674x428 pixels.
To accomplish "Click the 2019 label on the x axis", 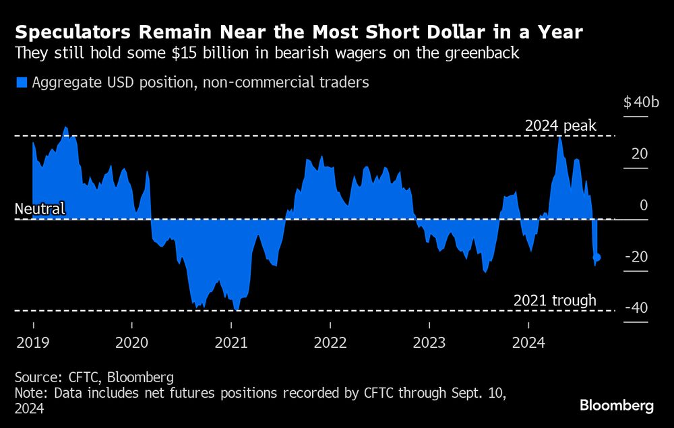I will (32, 342).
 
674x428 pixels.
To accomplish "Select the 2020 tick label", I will (131, 342).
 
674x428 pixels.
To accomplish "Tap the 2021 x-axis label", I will (231, 342).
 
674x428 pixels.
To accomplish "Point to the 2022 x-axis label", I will (330, 342).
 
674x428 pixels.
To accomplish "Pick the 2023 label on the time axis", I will (429, 342).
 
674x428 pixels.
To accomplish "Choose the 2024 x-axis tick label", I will (528, 342).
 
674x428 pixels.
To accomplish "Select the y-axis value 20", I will (640, 154).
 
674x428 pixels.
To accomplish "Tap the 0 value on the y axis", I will (644, 205).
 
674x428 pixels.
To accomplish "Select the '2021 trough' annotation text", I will (555, 301).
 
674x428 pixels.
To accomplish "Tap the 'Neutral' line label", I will (40, 208).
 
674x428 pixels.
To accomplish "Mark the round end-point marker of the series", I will (597, 257).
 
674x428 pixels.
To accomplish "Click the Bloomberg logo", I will (617, 406).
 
